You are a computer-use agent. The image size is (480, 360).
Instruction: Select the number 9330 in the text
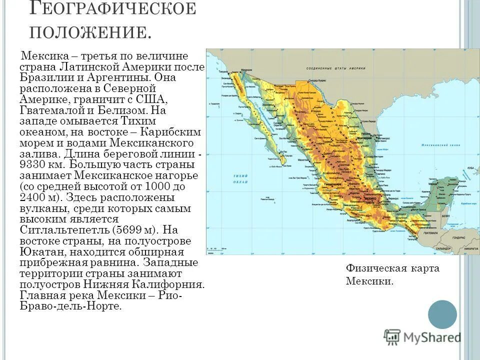pos(35,165)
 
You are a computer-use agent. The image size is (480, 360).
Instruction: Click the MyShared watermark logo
pos(422,337)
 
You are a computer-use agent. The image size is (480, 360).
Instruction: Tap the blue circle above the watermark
pos(442,314)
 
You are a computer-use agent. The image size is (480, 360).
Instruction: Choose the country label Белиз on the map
pos(445,216)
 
